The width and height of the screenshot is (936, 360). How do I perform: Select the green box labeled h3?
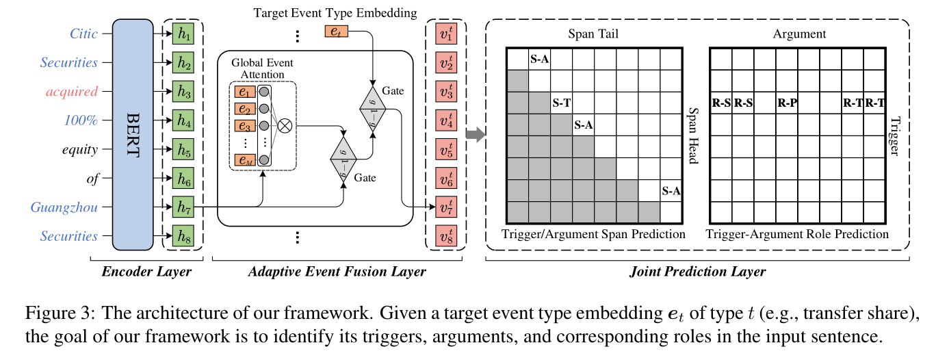click(183, 92)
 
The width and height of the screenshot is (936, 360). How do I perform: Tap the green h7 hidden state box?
click(183, 207)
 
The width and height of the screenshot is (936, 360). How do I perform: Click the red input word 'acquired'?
click(72, 92)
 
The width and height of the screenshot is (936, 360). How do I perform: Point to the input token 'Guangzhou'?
click(64, 207)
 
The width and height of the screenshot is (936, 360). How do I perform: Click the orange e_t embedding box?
click(337, 31)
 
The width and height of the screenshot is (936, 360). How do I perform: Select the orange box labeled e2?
click(244, 109)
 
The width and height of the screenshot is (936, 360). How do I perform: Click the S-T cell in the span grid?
click(561, 103)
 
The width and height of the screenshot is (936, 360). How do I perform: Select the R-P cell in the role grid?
click(787, 103)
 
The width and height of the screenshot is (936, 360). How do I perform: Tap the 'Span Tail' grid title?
click(593, 34)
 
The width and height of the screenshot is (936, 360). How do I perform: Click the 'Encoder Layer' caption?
click(146, 272)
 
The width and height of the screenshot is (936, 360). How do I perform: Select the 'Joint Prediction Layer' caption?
click(697, 272)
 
